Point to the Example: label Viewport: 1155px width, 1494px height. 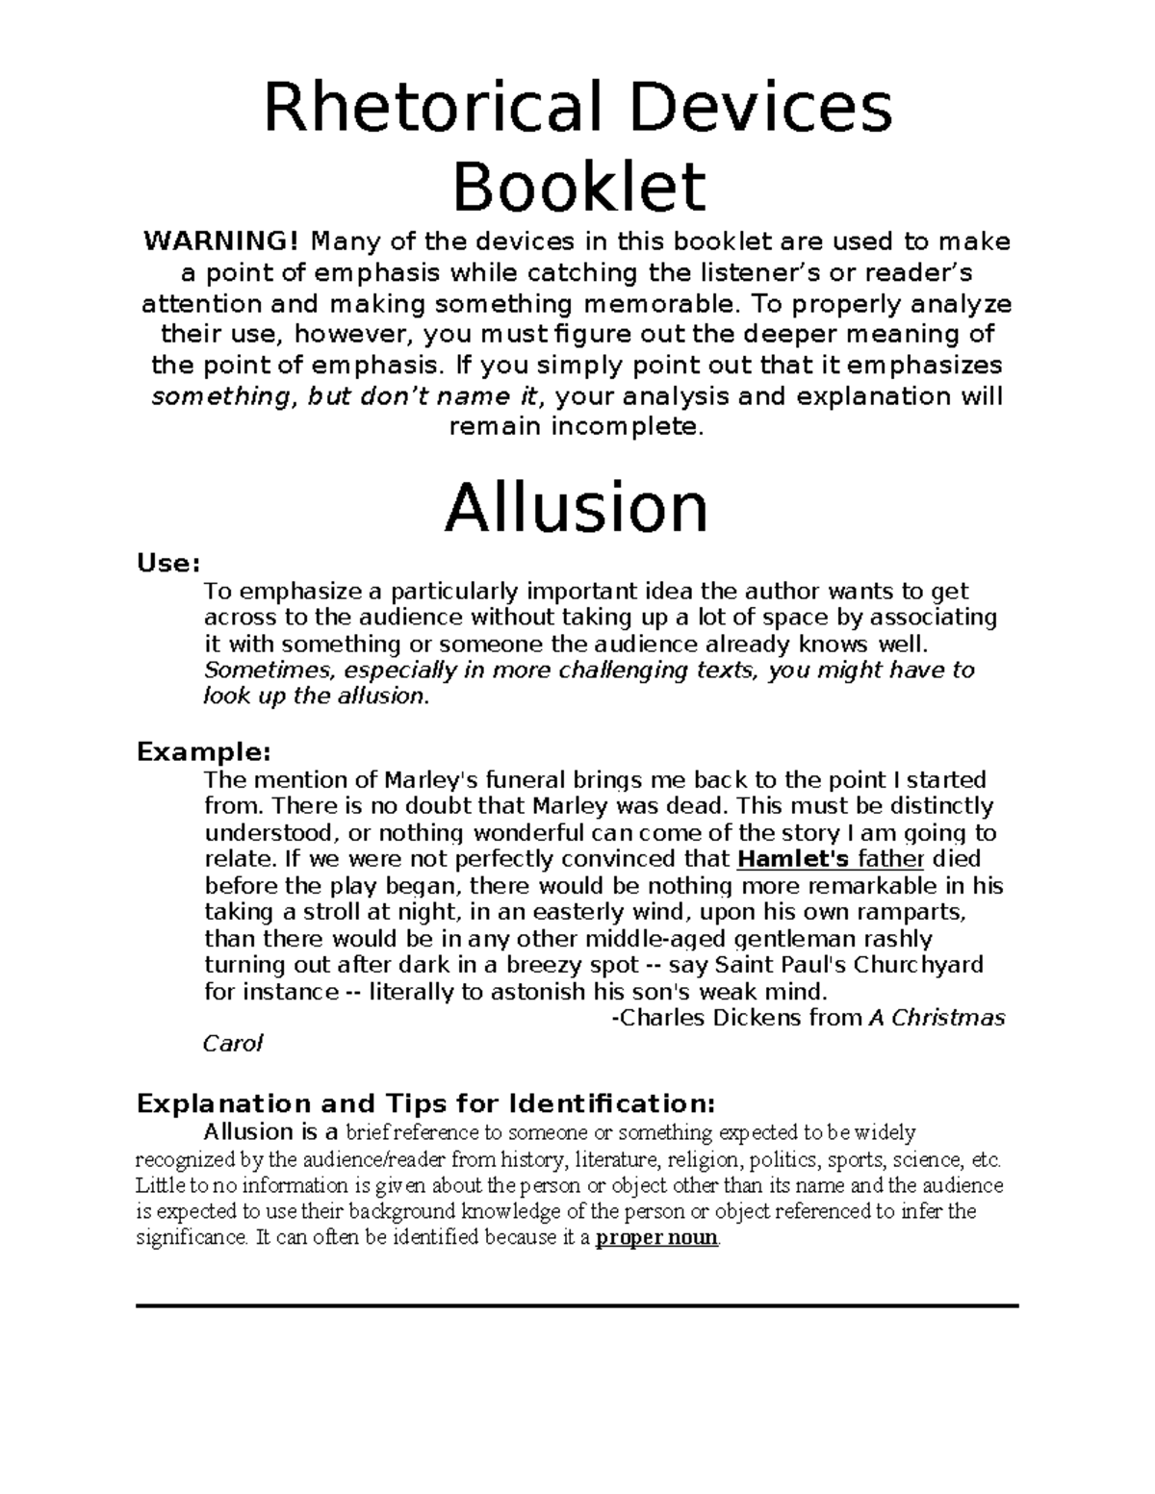coord(203,750)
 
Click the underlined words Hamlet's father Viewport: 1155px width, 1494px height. coord(830,859)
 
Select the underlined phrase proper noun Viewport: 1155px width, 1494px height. coord(656,1238)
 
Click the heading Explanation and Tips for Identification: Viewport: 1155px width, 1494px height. coord(426,1102)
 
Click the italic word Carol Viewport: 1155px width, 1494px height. coord(232,1044)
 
